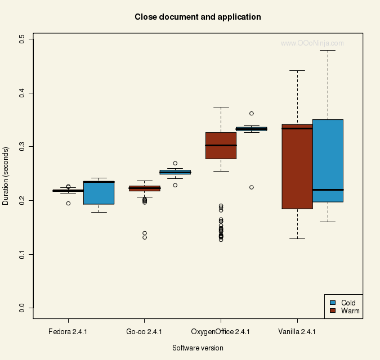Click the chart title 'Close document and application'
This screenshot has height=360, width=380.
click(x=198, y=17)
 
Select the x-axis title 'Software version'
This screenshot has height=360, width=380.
click(x=198, y=348)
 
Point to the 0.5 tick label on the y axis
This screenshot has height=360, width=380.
click(x=22, y=39)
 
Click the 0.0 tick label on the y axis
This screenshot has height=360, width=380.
click(x=22, y=308)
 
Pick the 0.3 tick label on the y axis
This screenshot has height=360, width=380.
click(x=22, y=147)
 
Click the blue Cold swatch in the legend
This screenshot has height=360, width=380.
click(x=333, y=303)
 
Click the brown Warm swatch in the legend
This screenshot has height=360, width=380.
click(x=333, y=310)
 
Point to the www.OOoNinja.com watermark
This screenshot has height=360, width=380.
click(x=312, y=43)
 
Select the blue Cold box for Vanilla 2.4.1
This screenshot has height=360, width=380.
click(x=328, y=160)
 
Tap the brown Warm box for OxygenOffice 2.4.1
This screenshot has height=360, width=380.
click(x=221, y=146)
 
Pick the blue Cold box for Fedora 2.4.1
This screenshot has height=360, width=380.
click(x=99, y=193)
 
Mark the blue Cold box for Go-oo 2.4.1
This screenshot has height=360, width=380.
click(x=175, y=172)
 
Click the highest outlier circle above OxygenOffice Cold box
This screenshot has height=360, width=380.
click(x=252, y=114)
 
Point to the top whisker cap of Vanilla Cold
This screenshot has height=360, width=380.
click(x=328, y=51)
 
